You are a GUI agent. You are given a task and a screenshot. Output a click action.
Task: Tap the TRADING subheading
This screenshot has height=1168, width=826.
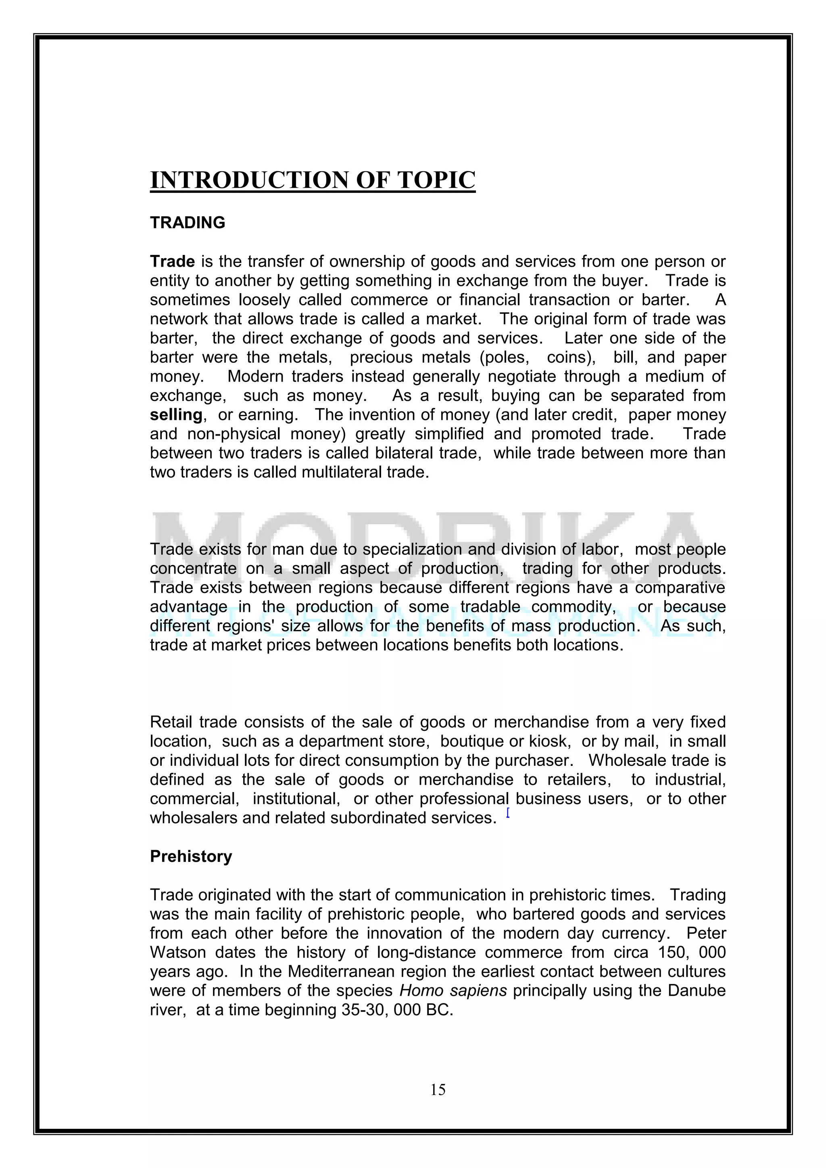pos(187,223)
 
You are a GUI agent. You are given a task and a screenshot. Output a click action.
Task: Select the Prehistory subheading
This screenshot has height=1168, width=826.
pos(191,856)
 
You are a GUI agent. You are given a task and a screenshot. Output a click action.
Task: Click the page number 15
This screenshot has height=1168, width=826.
pos(438,1089)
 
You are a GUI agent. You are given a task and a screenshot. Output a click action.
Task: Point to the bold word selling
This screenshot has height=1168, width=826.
pos(176,415)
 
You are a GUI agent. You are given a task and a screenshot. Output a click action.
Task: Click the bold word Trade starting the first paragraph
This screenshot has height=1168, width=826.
pos(173,261)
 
